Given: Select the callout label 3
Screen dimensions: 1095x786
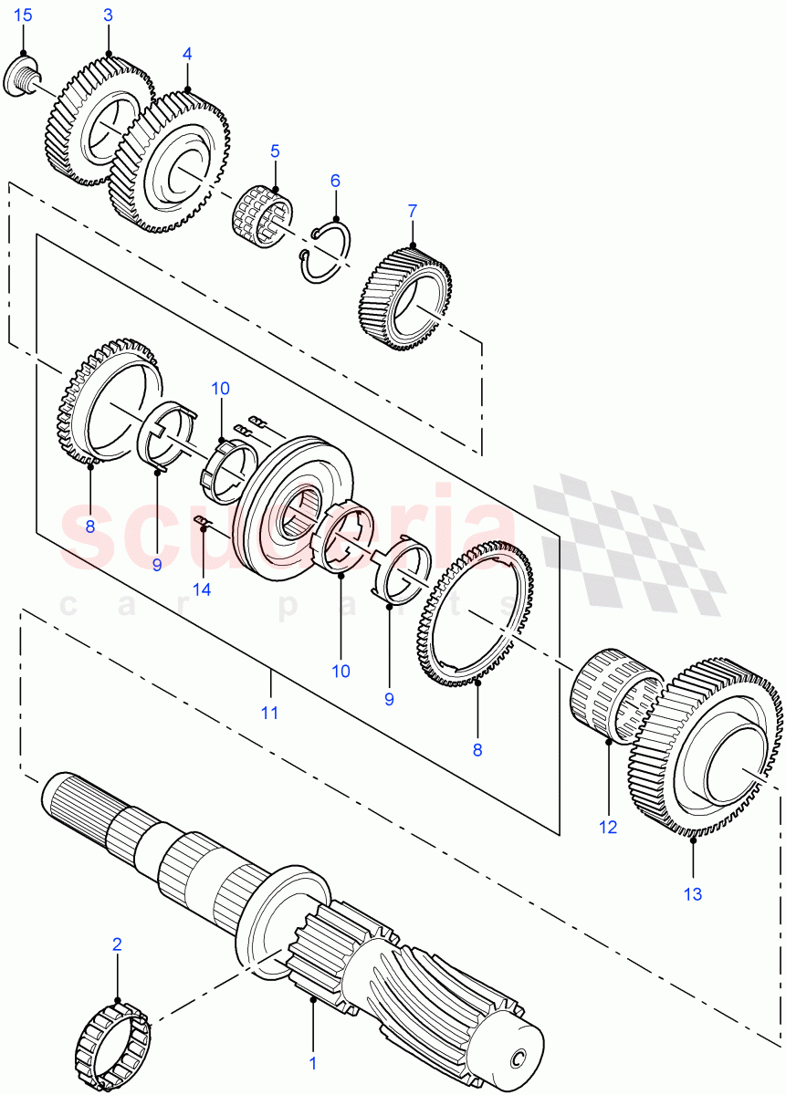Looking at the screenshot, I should tap(108, 16).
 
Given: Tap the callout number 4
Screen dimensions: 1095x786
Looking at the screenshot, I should tap(187, 54).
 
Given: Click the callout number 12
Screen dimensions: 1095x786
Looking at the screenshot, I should tap(608, 828).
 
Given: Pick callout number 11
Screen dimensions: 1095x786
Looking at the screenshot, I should tap(270, 711).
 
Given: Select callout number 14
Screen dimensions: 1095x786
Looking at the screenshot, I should tap(202, 589).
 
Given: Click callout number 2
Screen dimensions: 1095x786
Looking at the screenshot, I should tap(117, 944).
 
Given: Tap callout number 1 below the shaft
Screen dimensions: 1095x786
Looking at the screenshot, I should tap(312, 1062).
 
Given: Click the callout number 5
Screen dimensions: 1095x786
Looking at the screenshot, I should tap(274, 151).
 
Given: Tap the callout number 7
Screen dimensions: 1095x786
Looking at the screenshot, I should tap(412, 211).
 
